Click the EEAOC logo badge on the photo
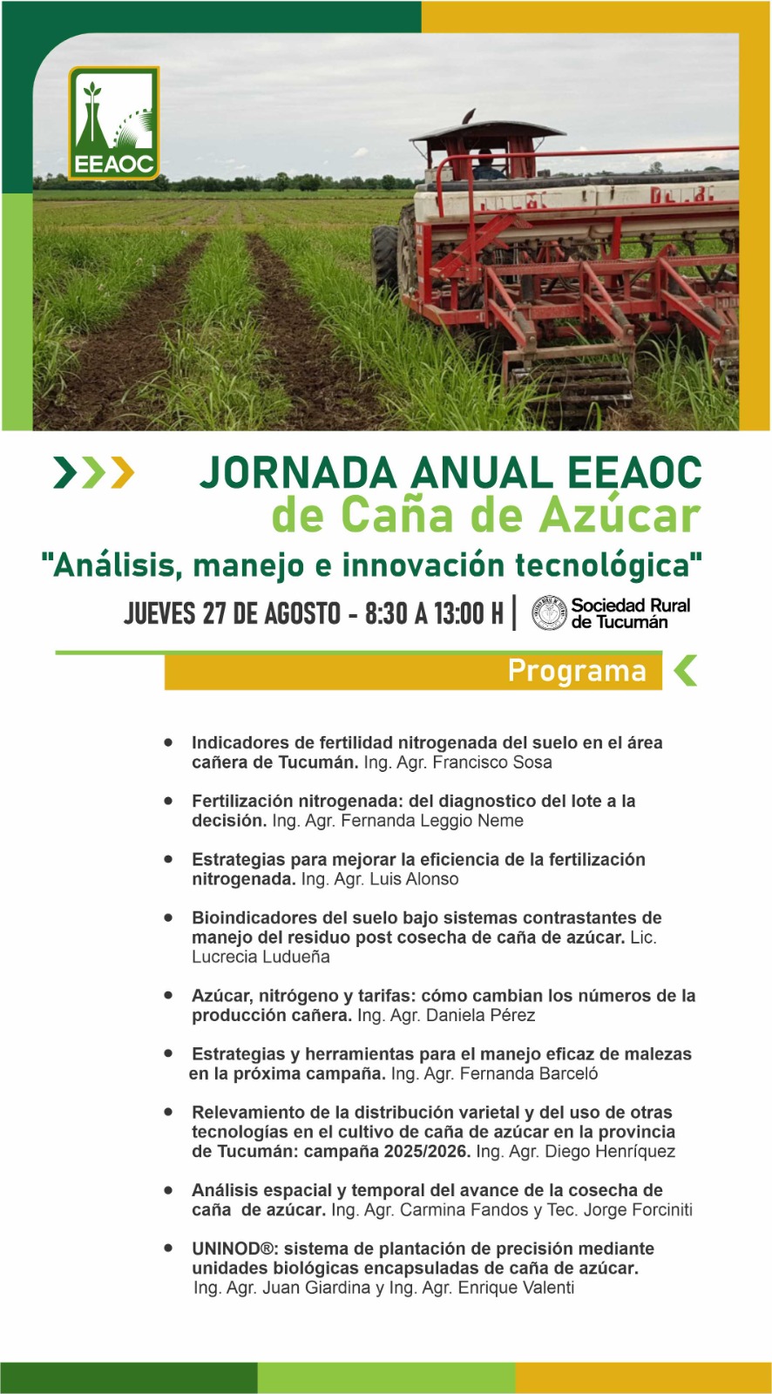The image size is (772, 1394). click(114, 123)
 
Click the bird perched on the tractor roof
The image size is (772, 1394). click(468, 116)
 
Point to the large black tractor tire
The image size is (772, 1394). click(385, 259)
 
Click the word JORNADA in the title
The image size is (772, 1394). click(298, 472)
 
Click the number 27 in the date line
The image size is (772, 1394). click(213, 613)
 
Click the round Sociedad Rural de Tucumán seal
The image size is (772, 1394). click(549, 613)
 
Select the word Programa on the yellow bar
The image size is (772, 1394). click(577, 671)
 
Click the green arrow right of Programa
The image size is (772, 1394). click(686, 671)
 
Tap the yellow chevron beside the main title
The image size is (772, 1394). click(122, 473)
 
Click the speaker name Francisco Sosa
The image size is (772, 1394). click(491, 762)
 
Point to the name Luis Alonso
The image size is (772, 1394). click(414, 879)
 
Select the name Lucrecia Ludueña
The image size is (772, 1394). click(261, 957)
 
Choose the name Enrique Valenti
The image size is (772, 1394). click(516, 1288)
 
